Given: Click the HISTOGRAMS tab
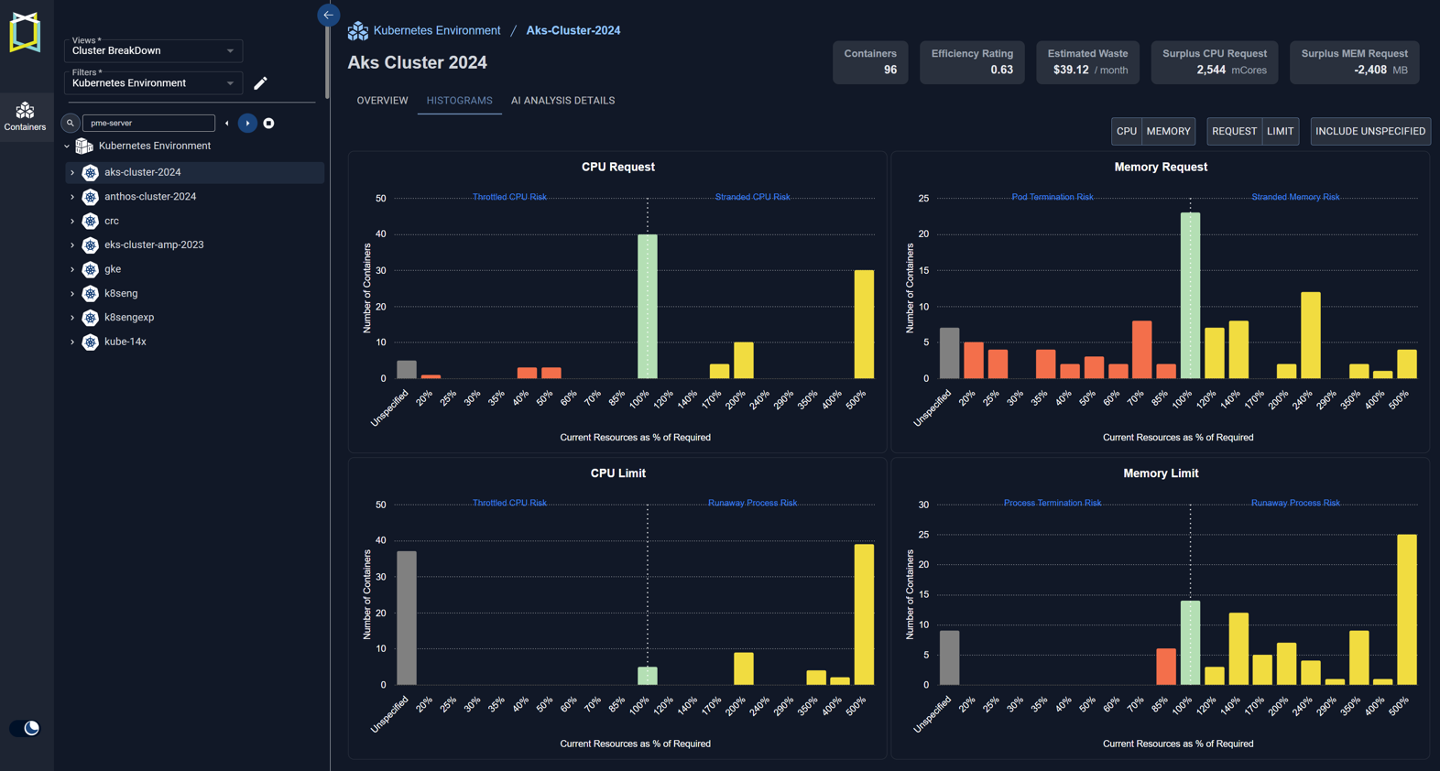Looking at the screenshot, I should click(459, 101).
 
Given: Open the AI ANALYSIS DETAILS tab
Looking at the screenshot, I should click(562, 101).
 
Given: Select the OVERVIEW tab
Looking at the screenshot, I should click(382, 101).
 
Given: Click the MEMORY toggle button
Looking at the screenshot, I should click(1168, 131).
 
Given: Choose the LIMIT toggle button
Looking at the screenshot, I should click(1280, 131).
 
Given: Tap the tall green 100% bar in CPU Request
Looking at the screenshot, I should click(647, 306).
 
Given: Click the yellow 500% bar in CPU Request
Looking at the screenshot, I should click(864, 324).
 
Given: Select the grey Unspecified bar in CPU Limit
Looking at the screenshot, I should click(407, 618).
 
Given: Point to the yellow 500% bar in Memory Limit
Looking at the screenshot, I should click(1406, 610).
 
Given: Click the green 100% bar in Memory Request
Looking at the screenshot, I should click(1190, 296).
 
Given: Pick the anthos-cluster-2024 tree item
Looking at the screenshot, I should click(150, 197).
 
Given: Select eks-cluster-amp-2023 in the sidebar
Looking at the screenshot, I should click(154, 245).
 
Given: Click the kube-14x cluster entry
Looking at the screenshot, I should click(125, 342).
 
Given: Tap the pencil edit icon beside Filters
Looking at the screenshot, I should click(260, 83).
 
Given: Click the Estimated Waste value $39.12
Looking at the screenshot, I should click(1070, 70).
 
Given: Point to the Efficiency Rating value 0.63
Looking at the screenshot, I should click(1001, 70).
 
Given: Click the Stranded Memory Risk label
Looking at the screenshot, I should click(1295, 197).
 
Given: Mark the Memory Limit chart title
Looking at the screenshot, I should click(1161, 473).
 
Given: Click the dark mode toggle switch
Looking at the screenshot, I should click(25, 728).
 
